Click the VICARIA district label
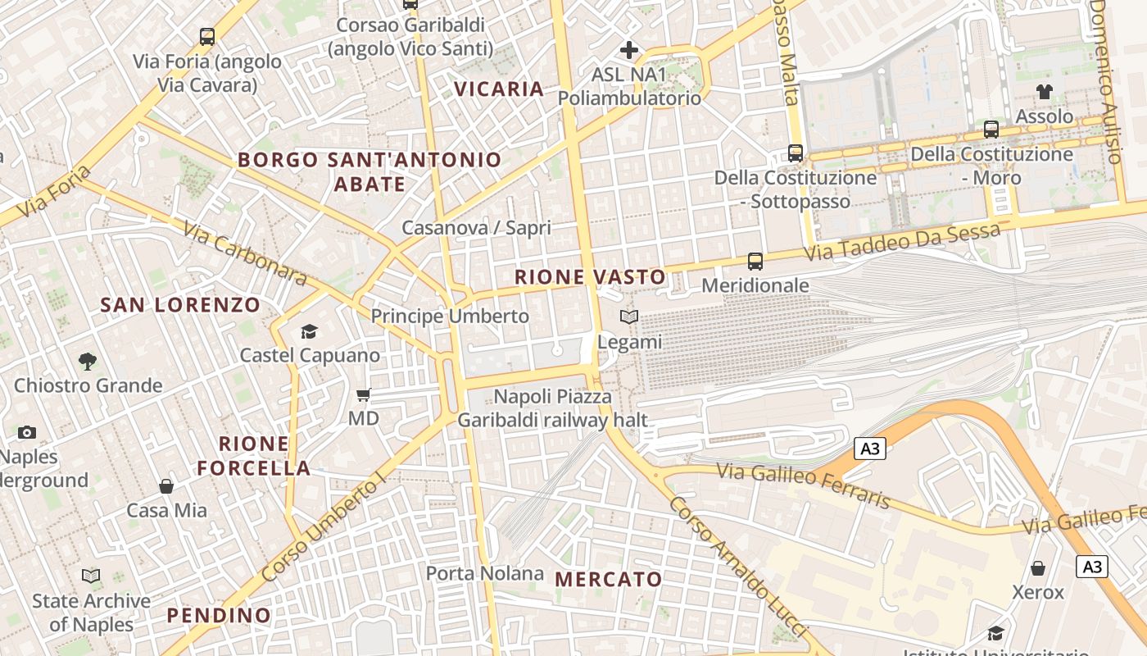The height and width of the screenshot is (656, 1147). point(499,89)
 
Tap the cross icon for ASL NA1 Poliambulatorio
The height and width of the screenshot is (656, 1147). point(629,50)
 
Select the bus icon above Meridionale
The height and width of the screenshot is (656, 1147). point(755,262)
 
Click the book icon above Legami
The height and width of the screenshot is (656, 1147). point(629,317)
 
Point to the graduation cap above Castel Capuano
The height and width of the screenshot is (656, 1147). point(309,331)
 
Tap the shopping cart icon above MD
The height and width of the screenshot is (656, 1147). point(364,394)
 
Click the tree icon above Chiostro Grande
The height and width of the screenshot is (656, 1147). point(87,361)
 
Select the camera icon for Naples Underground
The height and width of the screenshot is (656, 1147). point(27,432)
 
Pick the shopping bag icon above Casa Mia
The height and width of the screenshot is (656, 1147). point(166,486)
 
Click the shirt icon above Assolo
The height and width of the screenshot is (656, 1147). point(1044,92)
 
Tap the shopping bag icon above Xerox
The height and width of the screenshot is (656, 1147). point(1038,568)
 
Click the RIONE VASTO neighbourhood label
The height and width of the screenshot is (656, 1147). point(590,277)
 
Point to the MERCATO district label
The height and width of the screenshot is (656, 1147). point(609,579)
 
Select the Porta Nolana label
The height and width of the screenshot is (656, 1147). point(485,572)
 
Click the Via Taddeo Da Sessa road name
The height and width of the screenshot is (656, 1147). point(901,243)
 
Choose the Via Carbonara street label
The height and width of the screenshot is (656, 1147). point(245,254)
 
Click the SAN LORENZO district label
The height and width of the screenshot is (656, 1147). point(180,305)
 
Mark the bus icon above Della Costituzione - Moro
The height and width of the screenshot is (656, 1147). point(991,130)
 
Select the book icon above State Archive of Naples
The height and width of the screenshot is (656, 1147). point(91,576)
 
